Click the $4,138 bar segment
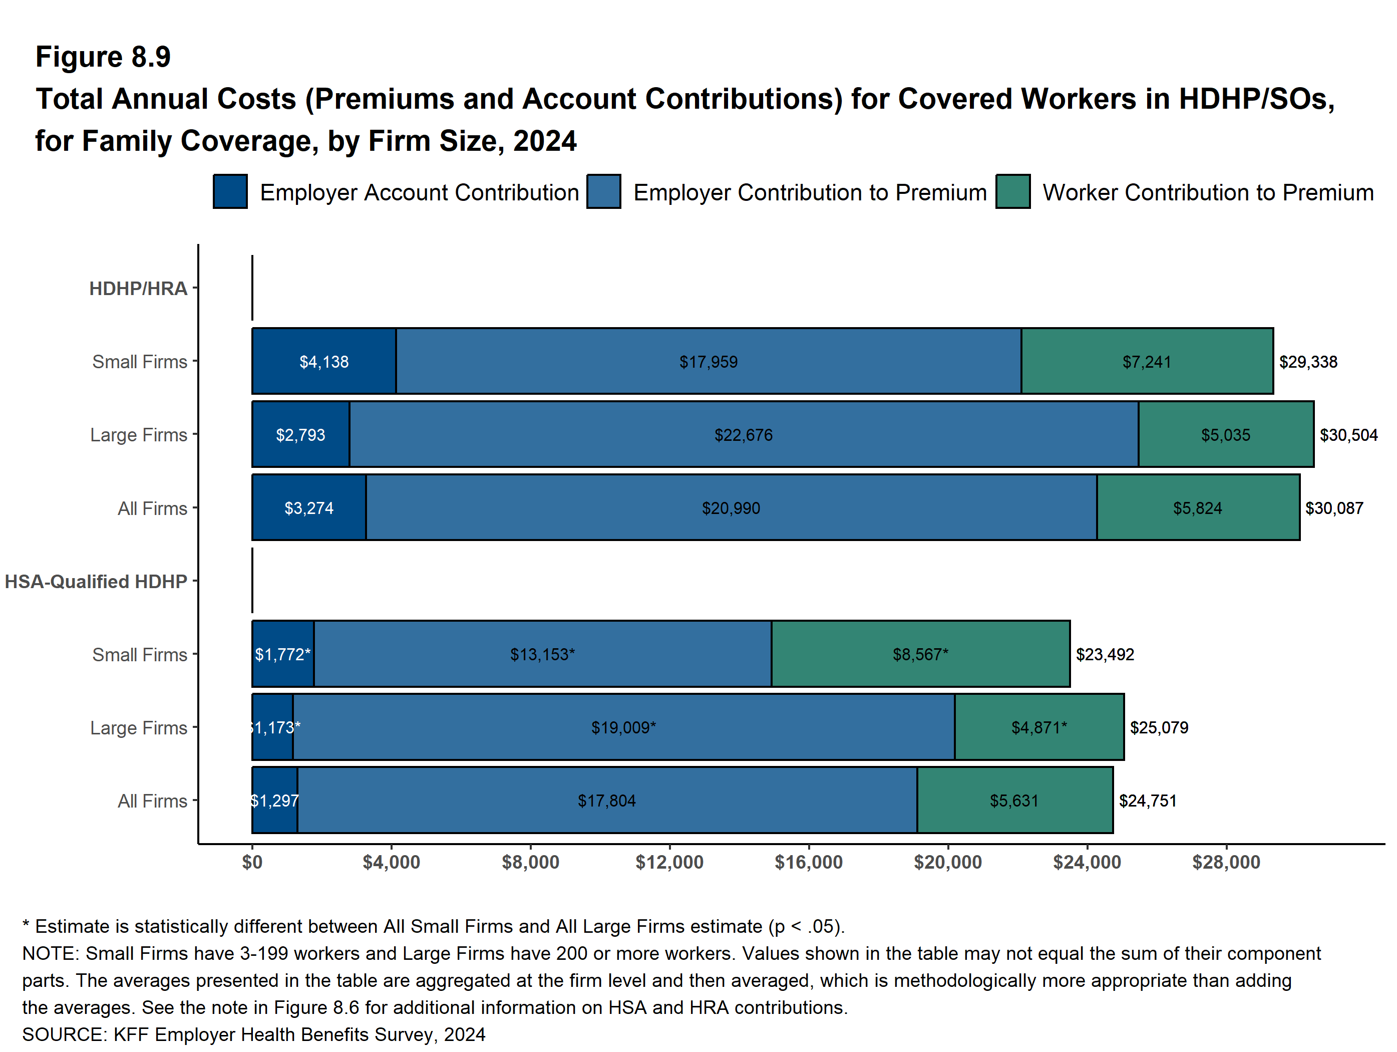coord(323,361)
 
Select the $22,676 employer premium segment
coord(744,435)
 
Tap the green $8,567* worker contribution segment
coord(920,654)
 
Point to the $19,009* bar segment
coord(623,727)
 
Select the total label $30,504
coord(1348,435)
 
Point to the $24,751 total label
coord(1148,801)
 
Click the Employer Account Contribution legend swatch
coord(230,191)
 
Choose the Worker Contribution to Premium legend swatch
coord(1012,191)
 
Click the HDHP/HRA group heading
coord(138,289)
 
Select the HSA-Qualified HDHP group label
coord(96,581)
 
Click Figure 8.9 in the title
coord(103,57)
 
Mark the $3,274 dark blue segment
coord(309,508)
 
